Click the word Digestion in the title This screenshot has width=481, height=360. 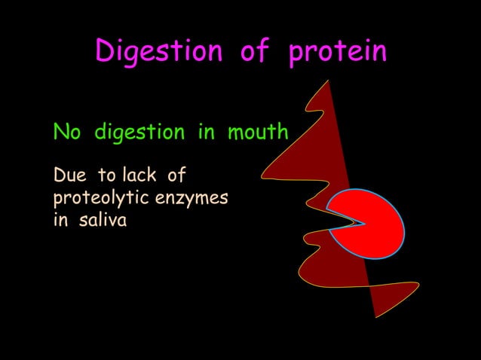tap(158, 52)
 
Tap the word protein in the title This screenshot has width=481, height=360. tap(337, 52)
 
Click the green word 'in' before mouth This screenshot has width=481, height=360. tap(206, 133)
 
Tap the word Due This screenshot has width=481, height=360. tap(70, 176)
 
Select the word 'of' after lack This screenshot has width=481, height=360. tap(176, 176)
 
